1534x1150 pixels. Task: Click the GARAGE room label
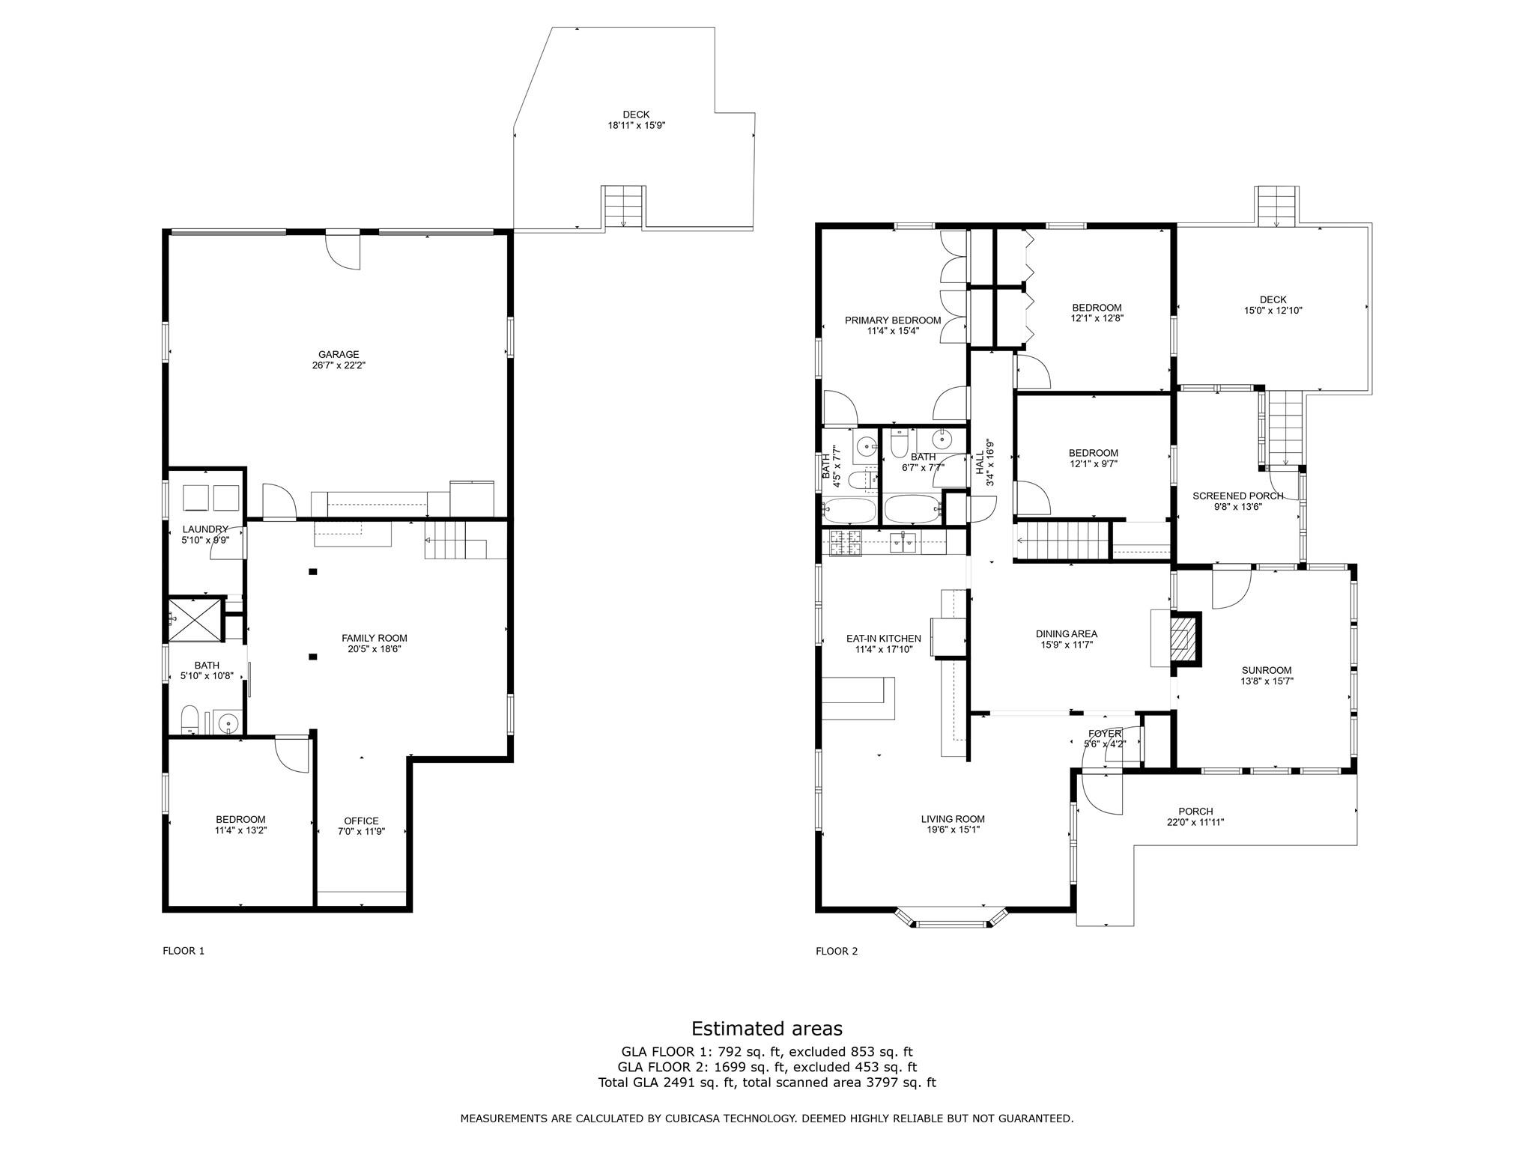coord(338,354)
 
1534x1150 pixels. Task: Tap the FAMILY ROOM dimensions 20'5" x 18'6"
coord(375,649)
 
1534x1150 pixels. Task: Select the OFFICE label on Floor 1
coord(361,821)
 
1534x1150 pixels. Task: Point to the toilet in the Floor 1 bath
coord(190,720)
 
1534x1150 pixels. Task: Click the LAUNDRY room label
coord(204,529)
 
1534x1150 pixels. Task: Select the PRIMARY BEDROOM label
coord(892,320)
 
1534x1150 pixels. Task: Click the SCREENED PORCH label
coord(1237,496)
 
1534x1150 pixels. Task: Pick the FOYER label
coord(1104,733)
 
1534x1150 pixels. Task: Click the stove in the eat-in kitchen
coord(846,541)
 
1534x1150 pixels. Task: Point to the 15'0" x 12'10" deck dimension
coord(1273,310)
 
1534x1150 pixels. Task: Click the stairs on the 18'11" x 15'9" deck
coord(623,207)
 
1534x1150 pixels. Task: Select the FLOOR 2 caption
coord(836,951)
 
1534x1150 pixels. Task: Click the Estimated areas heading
coord(766,1028)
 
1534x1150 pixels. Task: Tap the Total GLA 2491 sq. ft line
coord(766,1083)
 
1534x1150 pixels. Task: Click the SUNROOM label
coord(1266,670)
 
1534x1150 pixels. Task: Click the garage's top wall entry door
coord(343,249)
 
